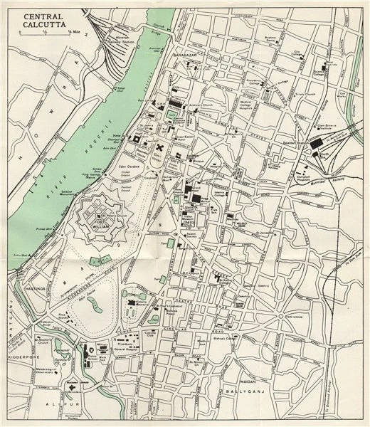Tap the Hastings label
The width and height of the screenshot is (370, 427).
26,289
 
